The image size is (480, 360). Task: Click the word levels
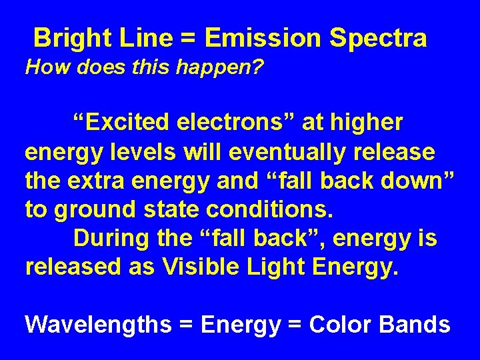pos(139,151)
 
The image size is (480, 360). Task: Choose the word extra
pos(98,180)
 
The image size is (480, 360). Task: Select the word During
pos(110,237)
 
